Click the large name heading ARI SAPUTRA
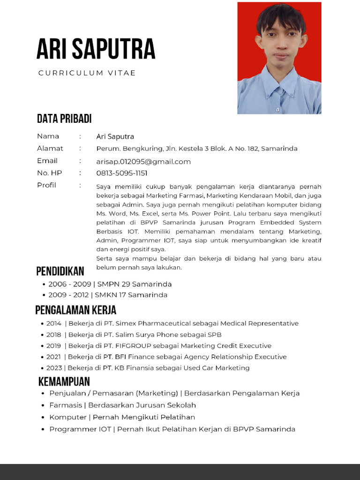pos(96,49)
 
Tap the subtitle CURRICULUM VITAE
pos(87,73)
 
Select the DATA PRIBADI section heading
pos(64,119)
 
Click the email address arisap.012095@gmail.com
pos(143,162)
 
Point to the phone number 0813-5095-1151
pos(122,173)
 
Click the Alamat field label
pos(50,149)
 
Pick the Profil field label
pos(46,185)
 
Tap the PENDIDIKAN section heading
pos(60,271)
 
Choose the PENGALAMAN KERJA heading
pos(76,310)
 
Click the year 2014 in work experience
pos(54,323)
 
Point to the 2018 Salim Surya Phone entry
pos(134,335)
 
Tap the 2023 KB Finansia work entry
pos(148,368)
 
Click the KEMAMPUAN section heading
pos(64,381)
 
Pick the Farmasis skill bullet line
pos(123,405)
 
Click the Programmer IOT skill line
pos(172,429)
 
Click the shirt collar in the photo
pos(281,80)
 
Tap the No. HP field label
pos(50,173)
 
